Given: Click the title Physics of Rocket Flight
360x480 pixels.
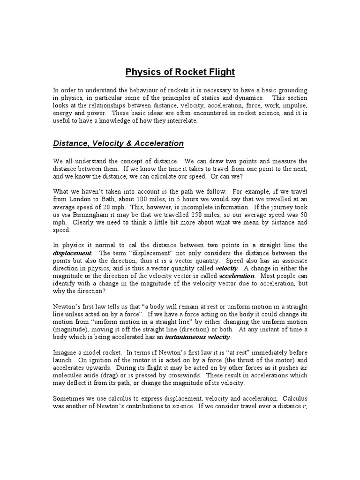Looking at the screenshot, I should point(180,72).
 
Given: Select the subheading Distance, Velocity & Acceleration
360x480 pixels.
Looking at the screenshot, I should point(118,143).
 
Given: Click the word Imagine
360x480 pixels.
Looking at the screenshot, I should point(65,352).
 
